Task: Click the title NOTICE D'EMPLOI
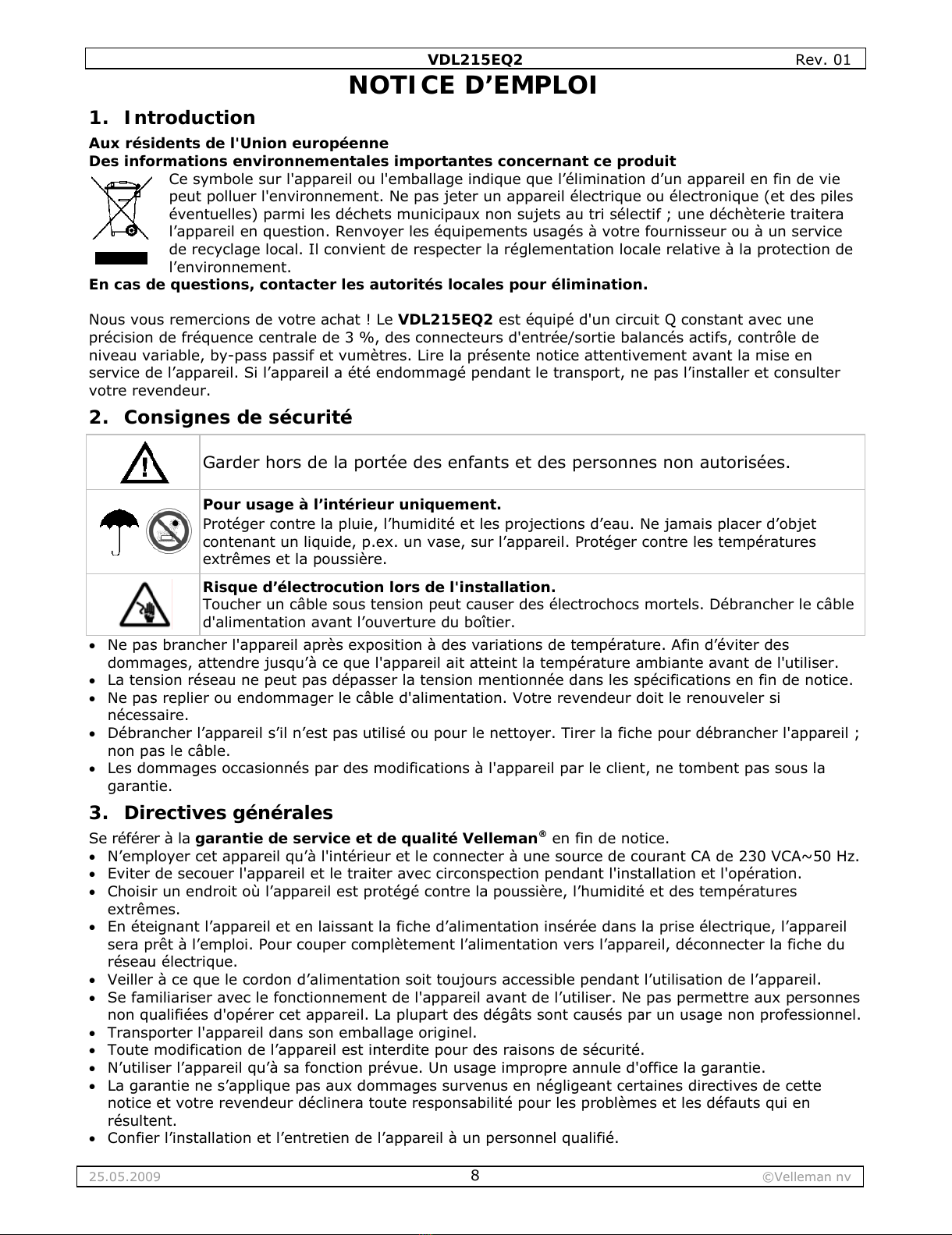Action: (x=473, y=85)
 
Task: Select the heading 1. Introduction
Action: (x=172, y=118)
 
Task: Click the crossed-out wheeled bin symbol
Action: (x=121, y=207)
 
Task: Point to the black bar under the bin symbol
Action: (x=121, y=258)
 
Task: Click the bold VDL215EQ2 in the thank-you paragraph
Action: (x=445, y=319)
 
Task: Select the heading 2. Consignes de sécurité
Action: (x=220, y=417)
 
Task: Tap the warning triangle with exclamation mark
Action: (x=144, y=464)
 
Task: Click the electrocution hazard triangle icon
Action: (x=144, y=605)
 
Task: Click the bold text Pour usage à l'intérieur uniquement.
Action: (x=351, y=504)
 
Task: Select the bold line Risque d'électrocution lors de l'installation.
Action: (x=379, y=587)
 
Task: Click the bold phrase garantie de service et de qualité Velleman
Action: (x=367, y=839)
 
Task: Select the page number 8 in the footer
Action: (x=474, y=1176)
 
